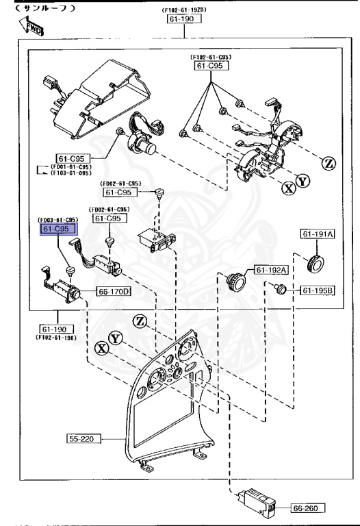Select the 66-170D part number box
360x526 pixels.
(x=114, y=291)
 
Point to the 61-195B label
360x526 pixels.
(x=316, y=291)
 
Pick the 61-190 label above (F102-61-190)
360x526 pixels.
(x=53, y=329)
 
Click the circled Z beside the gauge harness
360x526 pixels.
(x=328, y=163)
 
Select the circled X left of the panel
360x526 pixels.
(x=103, y=348)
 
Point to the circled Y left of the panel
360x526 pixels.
(x=116, y=338)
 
